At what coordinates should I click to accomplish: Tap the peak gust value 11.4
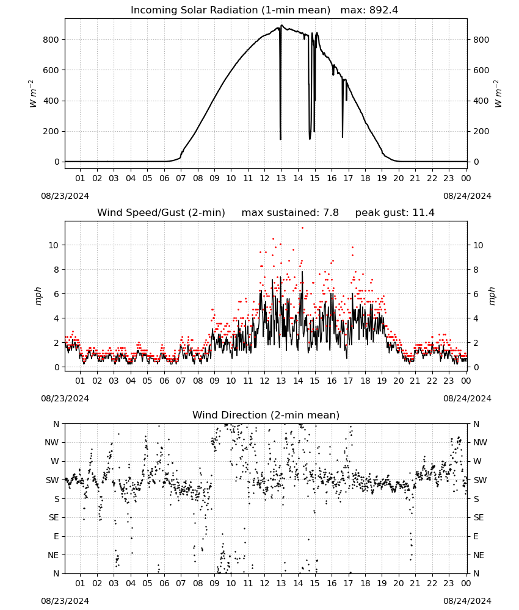click(x=424, y=212)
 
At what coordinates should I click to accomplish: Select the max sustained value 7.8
click(x=331, y=212)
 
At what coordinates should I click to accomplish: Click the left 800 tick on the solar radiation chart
click(x=51, y=40)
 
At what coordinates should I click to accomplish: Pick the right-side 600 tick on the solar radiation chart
click(x=481, y=70)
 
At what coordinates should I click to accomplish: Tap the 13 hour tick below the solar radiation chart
click(x=281, y=178)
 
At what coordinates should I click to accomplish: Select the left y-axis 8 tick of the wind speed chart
click(x=57, y=270)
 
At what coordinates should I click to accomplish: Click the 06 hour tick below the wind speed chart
click(x=164, y=381)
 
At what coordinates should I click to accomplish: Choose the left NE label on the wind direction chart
click(x=53, y=555)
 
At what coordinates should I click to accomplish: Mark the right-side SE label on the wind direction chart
click(x=479, y=517)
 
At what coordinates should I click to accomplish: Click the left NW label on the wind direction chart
click(x=52, y=442)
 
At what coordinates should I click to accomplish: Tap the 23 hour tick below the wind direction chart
click(x=449, y=583)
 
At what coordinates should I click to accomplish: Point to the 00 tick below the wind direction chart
click(x=466, y=583)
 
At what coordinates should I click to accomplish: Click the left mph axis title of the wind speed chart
click(x=38, y=296)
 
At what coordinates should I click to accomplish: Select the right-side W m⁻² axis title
click(x=498, y=94)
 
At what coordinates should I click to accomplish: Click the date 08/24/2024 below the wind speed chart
click(x=467, y=398)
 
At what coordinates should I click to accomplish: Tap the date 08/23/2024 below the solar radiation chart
click(x=65, y=196)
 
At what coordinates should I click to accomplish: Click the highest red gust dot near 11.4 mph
click(x=302, y=228)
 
